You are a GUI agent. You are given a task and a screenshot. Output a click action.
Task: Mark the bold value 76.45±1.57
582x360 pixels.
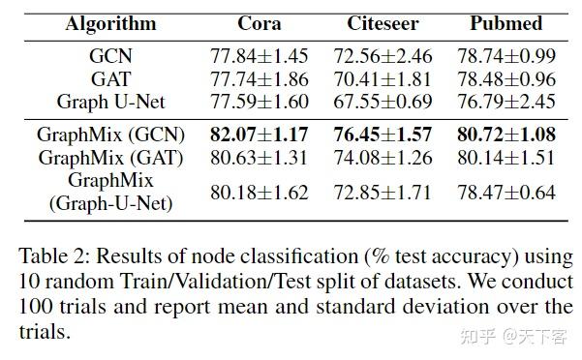tap(383, 135)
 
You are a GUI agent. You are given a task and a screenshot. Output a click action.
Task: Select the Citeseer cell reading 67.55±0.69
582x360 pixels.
tap(383, 101)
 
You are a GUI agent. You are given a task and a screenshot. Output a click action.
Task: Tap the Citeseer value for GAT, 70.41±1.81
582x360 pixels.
tap(383, 78)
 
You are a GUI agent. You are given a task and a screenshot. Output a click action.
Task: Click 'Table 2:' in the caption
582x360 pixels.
tap(52, 256)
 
